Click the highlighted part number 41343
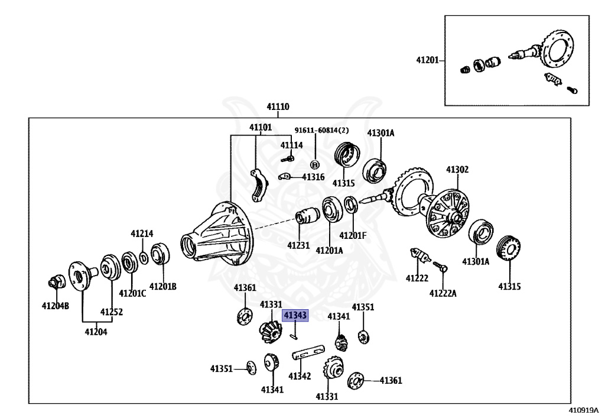coord(295,316)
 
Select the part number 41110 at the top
coord(278,107)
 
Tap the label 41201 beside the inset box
coord(427,60)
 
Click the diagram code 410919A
coord(583,410)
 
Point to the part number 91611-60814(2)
coord(322,131)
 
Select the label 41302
coord(457,170)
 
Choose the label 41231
coord(298,244)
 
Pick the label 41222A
coord(443,293)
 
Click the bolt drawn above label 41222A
coord(440,267)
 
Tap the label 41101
coord(260,127)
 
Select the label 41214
coord(142,234)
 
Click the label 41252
coord(111,312)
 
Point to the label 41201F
coord(353,235)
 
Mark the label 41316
coord(313,177)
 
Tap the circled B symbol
coord(315,164)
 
